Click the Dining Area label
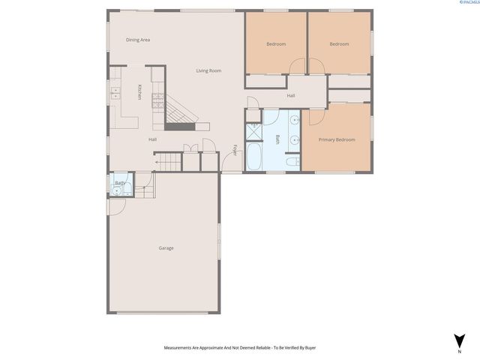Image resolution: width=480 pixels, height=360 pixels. click(138, 40)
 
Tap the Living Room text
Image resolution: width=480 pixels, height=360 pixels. click(208, 70)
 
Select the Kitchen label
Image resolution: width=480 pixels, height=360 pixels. click(139, 92)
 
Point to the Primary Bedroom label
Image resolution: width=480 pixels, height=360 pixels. click(337, 139)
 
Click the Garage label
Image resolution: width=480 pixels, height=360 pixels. click(166, 248)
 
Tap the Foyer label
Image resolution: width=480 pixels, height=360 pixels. click(235, 149)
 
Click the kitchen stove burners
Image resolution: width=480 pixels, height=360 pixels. click(157, 97)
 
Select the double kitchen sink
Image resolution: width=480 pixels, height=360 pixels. click(115, 94)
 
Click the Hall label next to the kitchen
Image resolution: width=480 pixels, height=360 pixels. click(152, 139)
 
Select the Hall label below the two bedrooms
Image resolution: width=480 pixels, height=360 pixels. click(291, 95)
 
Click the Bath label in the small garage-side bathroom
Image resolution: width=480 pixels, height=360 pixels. click(120, 183)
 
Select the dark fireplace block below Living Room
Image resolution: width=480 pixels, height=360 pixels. click(180, 126)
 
